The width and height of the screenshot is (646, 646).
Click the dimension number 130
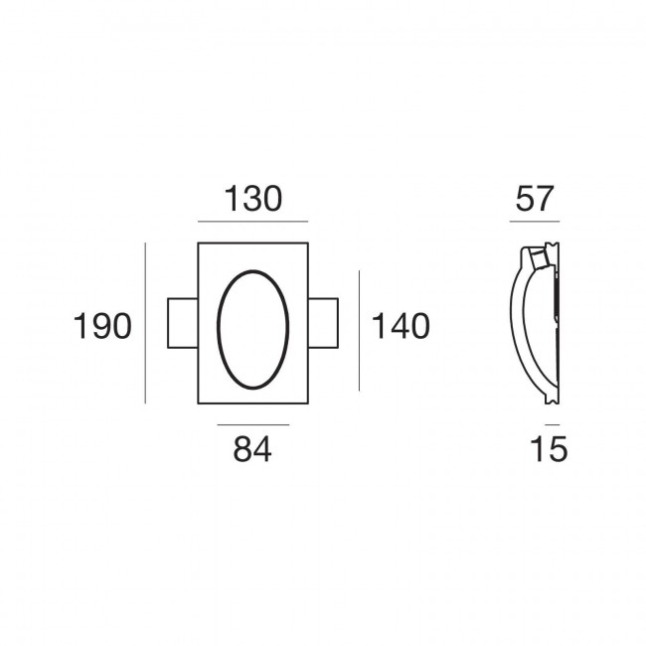(x=253, y=199)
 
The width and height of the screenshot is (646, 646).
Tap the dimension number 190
(x=102, y=326)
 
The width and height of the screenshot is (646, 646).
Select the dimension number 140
(x=401, y=326)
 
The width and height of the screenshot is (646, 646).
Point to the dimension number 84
(x=252, y=449)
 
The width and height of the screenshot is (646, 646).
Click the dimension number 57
(x=534, y=199)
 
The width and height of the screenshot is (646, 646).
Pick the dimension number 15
(x=550, y=449)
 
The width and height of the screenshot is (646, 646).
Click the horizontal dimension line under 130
(x=253, y=222)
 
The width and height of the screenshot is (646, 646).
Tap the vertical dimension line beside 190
(x=145, y=323)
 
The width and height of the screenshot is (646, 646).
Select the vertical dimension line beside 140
(x=359, y=331)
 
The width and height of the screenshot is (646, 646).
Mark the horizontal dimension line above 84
(x=253, y=424)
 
